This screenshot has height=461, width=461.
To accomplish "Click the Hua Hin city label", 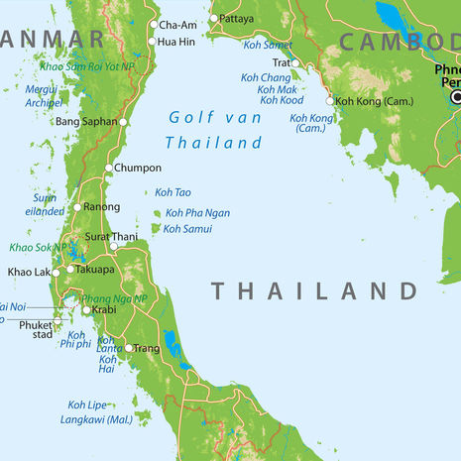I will [x=176, y=42].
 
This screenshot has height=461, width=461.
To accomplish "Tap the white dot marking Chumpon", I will [x=109, y=168].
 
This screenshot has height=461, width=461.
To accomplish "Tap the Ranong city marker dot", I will [x=77, y=207].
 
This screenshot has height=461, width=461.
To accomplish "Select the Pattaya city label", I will [x=237, y=18].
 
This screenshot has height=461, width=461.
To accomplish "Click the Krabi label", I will [x=104, y=310].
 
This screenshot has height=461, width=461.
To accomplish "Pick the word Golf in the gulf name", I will [x=188, y=117].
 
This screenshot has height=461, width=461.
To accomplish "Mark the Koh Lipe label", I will [x=88, y=404].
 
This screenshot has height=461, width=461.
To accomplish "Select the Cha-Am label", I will [x=178, y=25].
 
